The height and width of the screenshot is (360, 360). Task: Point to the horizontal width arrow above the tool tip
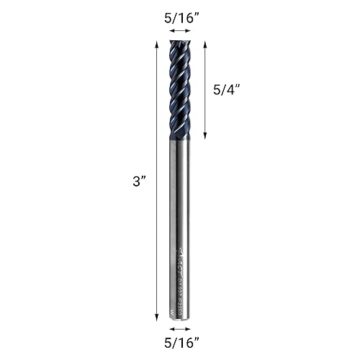[179, 31]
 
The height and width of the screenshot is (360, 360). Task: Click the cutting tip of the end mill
[179, 43]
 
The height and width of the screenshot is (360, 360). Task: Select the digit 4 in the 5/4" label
[231, 91]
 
